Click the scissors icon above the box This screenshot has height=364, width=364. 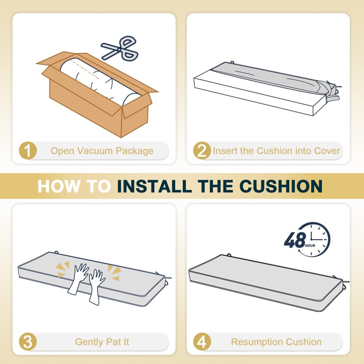[x=119, y=49]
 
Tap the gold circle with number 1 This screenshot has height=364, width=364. [x=28, y=150]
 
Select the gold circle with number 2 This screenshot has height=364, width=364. [x=202, y=150]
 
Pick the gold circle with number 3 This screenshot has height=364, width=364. [x=28, y=342]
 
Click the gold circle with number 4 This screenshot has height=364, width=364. [x=202, y=342]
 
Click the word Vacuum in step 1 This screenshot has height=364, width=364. [x=95, y=151]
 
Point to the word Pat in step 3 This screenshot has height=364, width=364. [x=114, y=342]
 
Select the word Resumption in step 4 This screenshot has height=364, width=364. [x=257, y=342]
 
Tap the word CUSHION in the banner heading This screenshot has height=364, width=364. [x=281, y=186]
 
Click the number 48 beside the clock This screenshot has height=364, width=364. [x=295, y=240]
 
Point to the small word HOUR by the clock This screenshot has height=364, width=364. [x=310, y=246]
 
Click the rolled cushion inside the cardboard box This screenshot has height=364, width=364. [x=100, y=82]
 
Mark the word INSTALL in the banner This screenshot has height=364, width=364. [x=155, y=186]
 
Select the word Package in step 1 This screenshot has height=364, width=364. [x=135, y=151]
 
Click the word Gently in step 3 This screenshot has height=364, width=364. [x=90, y=342]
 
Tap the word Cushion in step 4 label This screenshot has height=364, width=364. [x=304, y=342]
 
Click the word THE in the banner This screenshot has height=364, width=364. [x=215, y=186]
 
